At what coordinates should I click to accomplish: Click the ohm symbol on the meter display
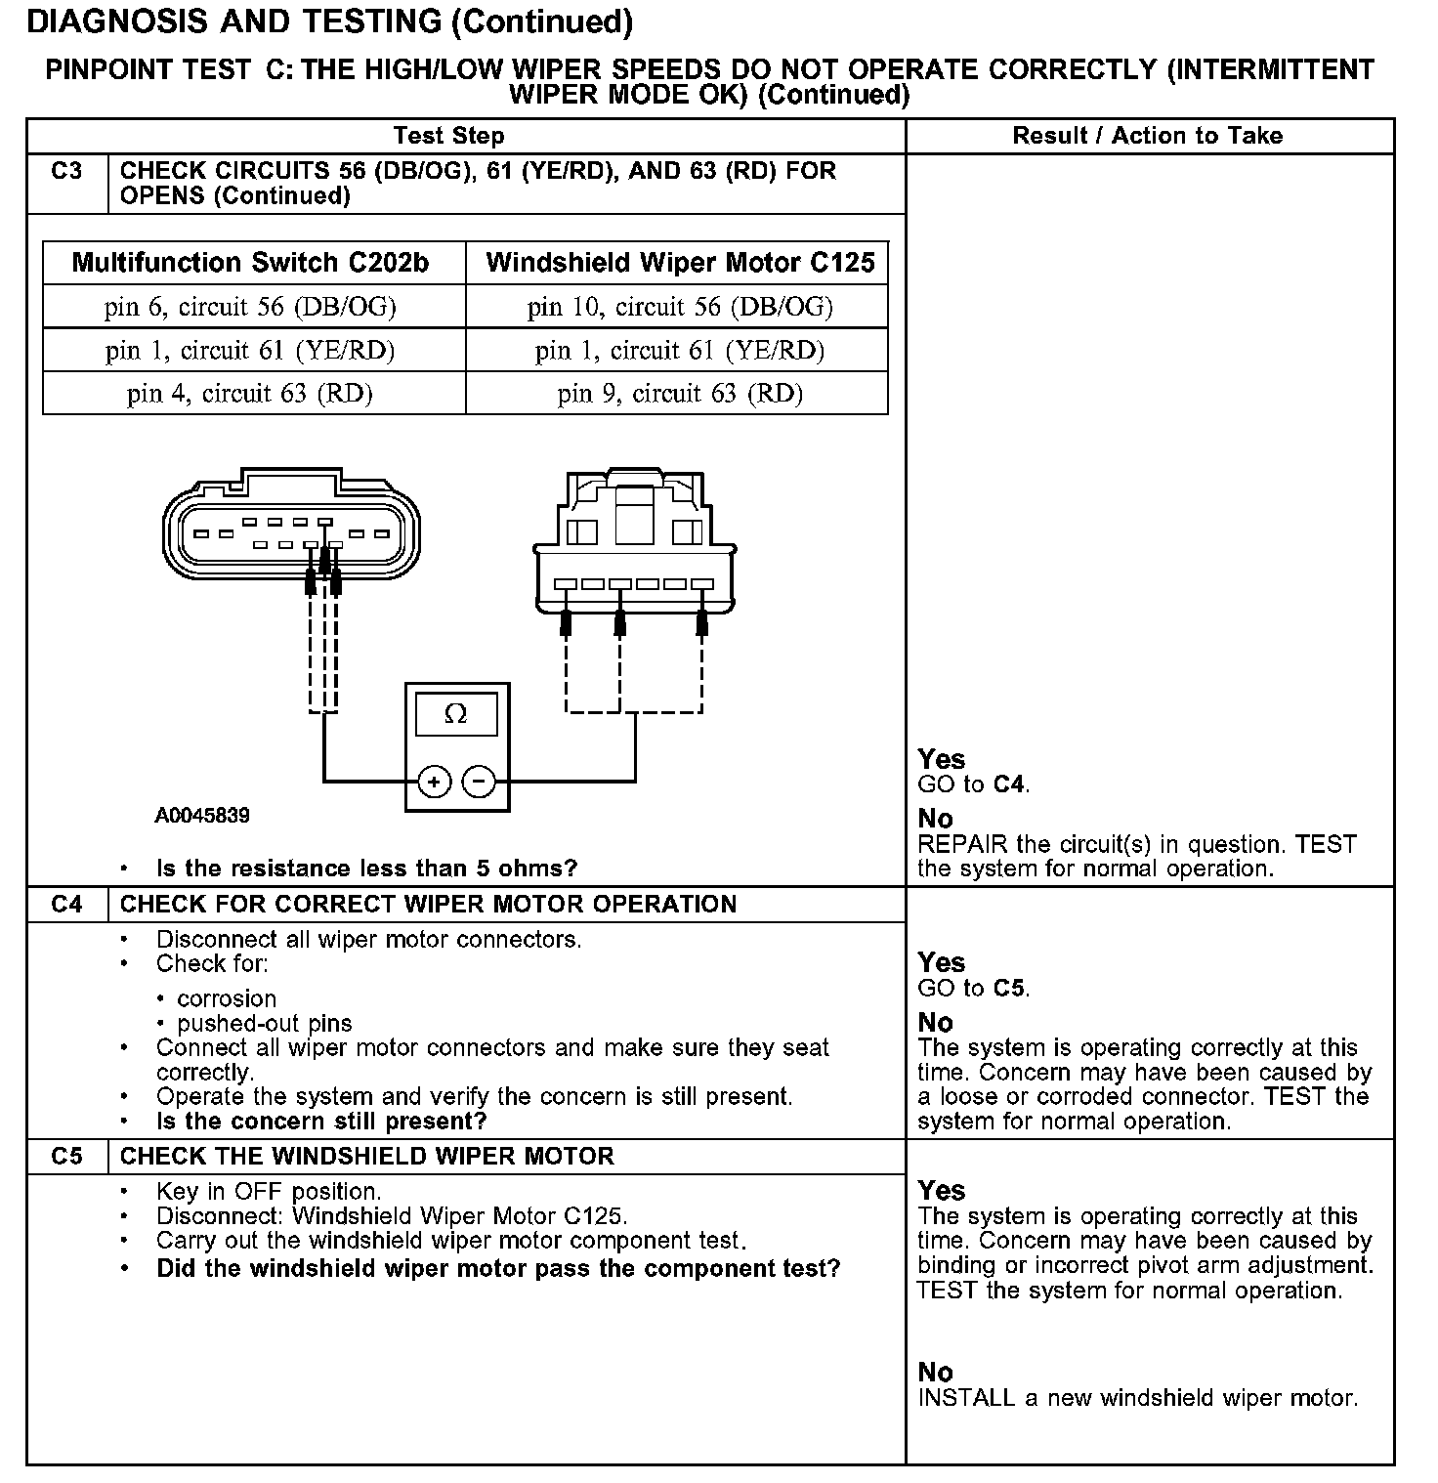455,714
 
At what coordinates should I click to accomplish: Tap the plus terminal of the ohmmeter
433,782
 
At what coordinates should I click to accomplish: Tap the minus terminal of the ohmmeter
479,782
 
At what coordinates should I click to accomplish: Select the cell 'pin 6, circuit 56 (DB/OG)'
251,307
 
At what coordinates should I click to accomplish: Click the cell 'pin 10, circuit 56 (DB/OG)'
680,307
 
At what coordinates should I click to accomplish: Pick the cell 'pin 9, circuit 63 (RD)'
680,394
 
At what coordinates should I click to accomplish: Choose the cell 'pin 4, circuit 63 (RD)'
251,394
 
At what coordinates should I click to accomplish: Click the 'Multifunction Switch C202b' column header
251,263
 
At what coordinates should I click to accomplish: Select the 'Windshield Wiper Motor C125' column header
680,263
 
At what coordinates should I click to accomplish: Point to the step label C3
66,172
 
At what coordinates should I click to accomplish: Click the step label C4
66,905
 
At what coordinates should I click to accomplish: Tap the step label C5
66,1157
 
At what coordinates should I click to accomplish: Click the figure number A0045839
202,815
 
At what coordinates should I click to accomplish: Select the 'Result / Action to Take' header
1147,136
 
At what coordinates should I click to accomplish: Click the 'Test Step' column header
449,136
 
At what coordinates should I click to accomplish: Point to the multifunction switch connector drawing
291,528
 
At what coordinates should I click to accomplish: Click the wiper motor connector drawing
635,547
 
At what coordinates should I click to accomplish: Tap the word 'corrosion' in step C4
227,998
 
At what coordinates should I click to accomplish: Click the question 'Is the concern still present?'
321,1122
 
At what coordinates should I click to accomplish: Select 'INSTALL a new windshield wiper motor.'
1138,1398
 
